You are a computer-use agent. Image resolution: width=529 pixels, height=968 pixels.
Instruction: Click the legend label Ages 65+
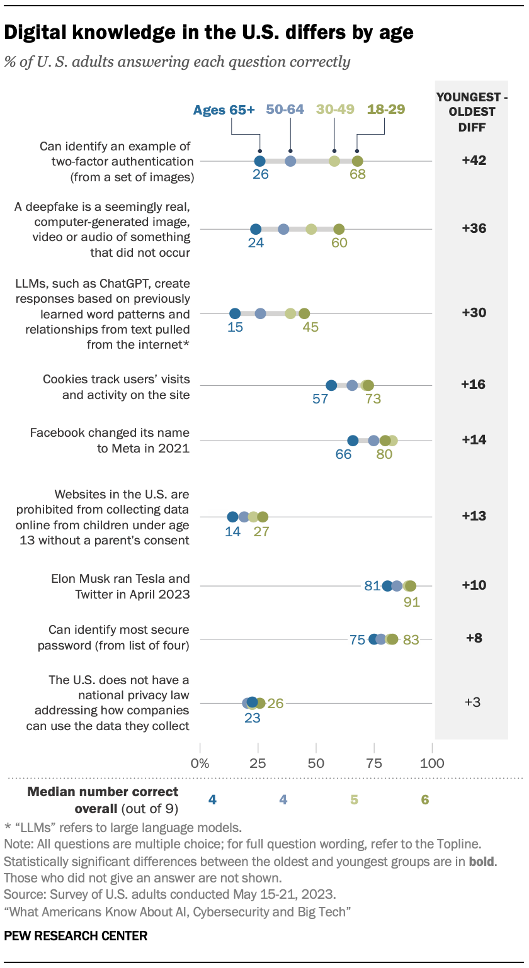tap(224, 110)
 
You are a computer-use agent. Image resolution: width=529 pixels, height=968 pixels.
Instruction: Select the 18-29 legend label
tap(386, 110)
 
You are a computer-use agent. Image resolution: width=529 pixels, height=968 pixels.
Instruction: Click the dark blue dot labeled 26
tap(260, 161)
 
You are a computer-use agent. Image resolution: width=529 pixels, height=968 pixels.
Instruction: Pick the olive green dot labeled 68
tap(357, 161)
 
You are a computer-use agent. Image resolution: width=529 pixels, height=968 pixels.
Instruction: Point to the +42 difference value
tap(473, 160)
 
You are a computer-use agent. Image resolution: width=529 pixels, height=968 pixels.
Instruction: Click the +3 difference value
tap(473, 702)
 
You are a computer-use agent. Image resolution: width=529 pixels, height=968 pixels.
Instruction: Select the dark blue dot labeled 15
tap(235, 313)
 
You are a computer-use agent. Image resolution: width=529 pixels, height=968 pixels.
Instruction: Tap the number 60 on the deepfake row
tap(339, 243)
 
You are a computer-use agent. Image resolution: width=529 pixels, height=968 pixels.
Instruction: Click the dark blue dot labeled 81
tap(387, 586)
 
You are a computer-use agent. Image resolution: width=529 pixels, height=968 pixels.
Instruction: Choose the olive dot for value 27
tap(263, 517)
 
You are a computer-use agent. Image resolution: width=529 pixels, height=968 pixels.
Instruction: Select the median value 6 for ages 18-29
tap(425, 799)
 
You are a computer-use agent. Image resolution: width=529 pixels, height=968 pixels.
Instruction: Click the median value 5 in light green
tap(354, 799)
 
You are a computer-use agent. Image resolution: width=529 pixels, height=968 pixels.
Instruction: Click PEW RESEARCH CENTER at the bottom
tap(76, 936)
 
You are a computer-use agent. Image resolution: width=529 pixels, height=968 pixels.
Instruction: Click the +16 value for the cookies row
tap(473, 385)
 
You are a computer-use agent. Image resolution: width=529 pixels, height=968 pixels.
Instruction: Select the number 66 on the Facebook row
tap(343, 454)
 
